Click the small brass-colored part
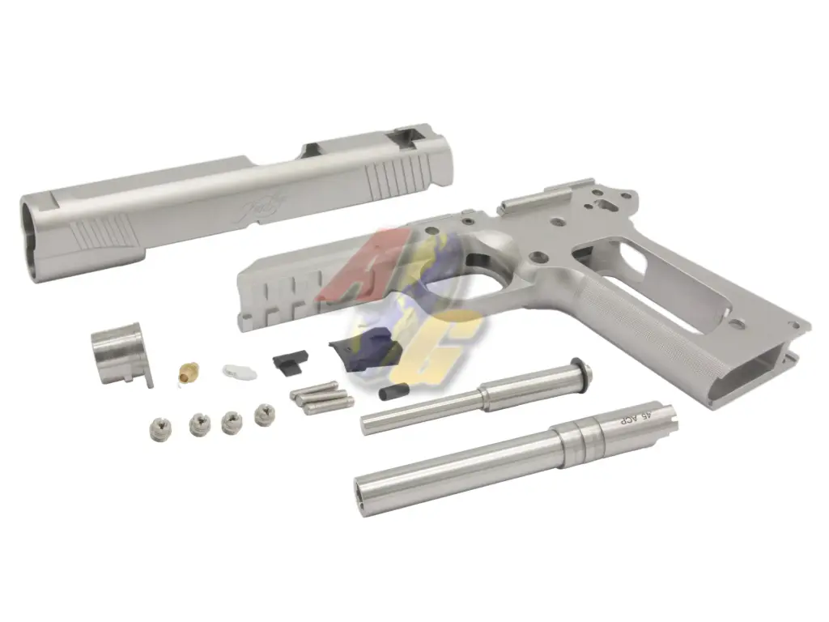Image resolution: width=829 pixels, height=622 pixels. click(187, 373)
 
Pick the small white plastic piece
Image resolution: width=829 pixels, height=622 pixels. click(239, 372)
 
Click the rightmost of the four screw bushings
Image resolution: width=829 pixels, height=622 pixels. click(264, 414)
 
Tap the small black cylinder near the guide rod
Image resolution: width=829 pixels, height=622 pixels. click(389, 393)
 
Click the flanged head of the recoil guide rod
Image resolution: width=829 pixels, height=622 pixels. click(580, 370)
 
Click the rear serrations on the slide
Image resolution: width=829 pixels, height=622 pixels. click(394, 176)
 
